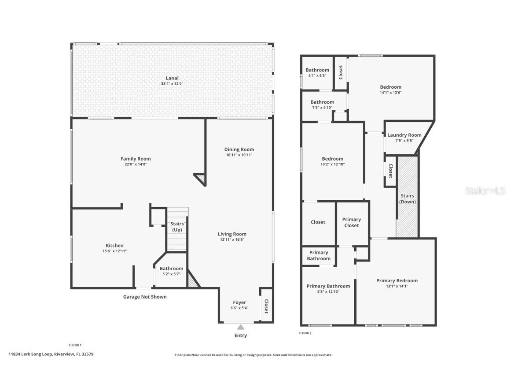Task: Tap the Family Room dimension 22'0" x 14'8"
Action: coord(136,164)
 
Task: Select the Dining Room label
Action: coord(239,149)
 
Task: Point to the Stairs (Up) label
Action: coord(177,227)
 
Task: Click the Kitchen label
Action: coord(114,245)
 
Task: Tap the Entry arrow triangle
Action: coord(240,327)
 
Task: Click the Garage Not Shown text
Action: coord(144,297)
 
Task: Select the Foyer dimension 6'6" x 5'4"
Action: coord(239,308)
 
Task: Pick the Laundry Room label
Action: coord(404,135)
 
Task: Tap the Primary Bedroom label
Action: coord(397,280)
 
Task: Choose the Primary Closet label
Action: coord(351,222)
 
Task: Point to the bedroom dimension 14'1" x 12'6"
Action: coord(391,93)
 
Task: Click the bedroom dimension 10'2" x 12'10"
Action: coord(332,164)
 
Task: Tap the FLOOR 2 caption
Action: coord(305,333)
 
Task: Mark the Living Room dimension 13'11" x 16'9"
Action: coord(232,239)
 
